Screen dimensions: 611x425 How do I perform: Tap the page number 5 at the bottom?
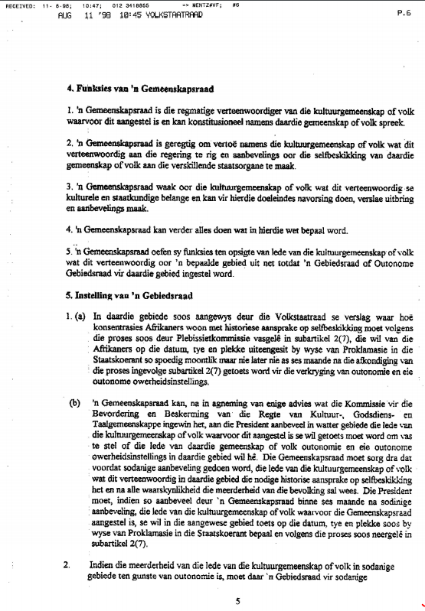click(238, 601)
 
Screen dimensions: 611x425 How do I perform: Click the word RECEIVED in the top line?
click(16, 5)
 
